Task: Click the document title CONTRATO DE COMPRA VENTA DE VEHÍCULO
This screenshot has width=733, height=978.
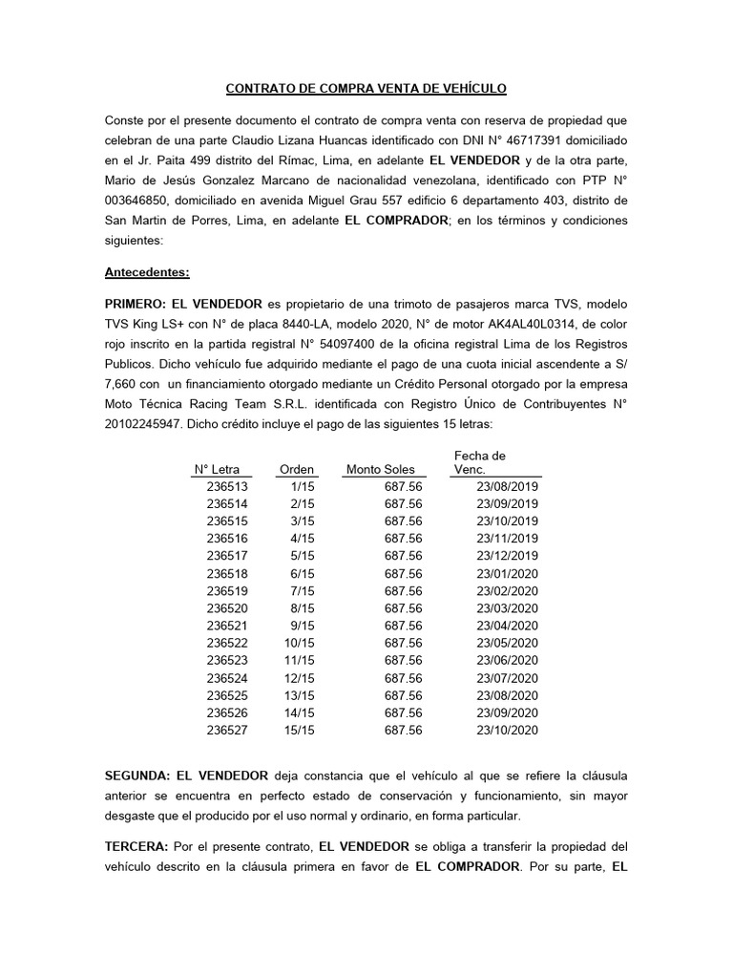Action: (366, 89)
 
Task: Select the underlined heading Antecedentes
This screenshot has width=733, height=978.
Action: (147, 272)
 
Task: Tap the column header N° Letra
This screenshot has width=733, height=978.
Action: (217, 469)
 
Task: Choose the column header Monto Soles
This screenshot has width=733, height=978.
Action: (381, 469)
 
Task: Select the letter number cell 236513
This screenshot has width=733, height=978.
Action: (226, 486)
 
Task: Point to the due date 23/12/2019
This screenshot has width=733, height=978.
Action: (507, 556)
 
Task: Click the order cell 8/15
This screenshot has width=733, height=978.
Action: (303, 608)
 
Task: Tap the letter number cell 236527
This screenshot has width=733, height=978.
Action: (226, 731)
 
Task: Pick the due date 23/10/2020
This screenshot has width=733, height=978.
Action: (507, 731)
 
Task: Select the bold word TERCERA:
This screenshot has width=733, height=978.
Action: (136, 846)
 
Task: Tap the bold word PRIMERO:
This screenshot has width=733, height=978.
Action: (136, 304)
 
